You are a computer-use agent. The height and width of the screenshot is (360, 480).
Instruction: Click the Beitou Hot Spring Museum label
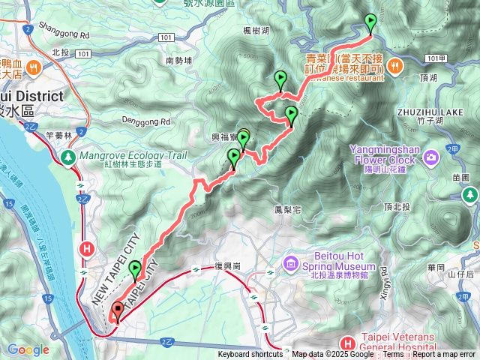(338, 266)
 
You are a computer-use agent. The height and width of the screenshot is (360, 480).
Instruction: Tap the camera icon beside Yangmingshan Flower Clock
(431, 157)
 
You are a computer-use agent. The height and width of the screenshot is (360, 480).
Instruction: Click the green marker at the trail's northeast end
(370, 22)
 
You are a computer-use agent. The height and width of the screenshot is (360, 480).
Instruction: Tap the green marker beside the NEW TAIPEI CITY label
(135, 269)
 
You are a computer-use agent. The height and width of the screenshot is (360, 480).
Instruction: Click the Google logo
(28, 349)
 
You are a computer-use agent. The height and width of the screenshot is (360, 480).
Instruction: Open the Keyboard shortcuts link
(250, 355)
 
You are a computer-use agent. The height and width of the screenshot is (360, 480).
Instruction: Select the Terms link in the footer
(393, 355)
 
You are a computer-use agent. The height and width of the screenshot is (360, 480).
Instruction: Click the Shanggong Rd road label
(69, 34)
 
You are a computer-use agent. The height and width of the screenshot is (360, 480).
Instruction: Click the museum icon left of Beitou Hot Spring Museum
(291, 265)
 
